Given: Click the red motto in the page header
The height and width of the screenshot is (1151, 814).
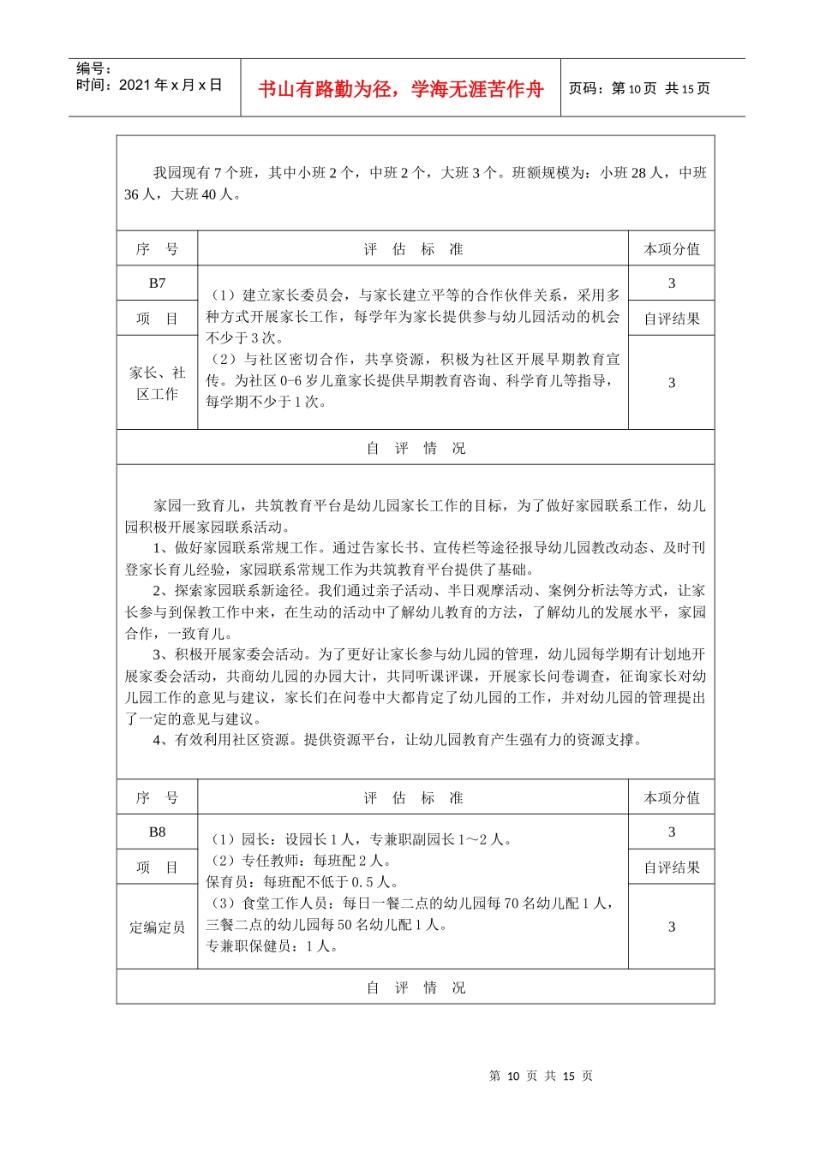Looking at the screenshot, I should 400,89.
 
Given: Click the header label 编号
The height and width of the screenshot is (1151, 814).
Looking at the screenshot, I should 93,69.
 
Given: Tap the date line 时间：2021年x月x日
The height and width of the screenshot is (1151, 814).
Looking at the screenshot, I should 149,85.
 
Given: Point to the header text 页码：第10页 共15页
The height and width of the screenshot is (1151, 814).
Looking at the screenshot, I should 639,88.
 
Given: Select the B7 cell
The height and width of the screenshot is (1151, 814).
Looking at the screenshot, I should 157,283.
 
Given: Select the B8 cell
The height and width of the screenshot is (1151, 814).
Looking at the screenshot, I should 157,832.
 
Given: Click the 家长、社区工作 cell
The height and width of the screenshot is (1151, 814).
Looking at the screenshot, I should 157,383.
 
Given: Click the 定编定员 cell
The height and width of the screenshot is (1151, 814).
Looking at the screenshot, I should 157,927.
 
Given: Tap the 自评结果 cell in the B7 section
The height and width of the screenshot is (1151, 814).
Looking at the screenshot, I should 672,319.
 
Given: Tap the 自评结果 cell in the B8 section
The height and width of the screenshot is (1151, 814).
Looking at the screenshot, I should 672,868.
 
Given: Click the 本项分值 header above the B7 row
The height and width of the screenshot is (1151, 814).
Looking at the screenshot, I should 672,249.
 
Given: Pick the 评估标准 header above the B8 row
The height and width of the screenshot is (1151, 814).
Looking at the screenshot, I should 413,798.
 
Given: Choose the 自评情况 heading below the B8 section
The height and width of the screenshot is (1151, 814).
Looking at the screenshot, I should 416,987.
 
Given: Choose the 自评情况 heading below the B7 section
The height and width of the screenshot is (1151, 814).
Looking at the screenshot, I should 416,448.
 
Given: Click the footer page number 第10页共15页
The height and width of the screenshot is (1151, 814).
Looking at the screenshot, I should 541,1076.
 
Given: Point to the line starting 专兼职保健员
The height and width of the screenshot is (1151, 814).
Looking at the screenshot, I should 272,946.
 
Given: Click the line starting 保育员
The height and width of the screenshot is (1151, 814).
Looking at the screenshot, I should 302,882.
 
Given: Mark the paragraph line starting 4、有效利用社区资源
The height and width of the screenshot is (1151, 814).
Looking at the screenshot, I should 398,740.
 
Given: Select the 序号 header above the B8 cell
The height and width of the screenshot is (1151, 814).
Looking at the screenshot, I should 157,798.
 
